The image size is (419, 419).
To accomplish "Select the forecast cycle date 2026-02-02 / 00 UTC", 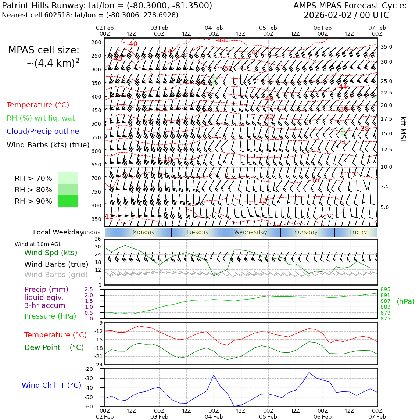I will point(346,15).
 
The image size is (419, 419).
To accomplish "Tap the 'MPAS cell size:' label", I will point(44,50).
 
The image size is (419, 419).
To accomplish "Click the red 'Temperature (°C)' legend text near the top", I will point(38,105).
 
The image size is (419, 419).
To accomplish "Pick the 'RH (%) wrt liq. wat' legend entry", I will point(41,118).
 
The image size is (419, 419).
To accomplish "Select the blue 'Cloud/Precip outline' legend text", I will point(43,132).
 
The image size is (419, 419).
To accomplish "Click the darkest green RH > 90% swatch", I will point(68,201).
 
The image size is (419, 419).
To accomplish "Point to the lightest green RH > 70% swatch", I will point(68,178).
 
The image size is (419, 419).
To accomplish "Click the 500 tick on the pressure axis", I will point(96,124).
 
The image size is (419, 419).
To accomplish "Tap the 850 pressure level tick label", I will point(96,219).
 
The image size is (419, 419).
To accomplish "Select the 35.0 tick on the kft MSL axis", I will point(386,47).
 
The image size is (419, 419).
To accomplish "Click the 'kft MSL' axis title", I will point(403,130).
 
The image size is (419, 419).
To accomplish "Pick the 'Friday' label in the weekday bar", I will point(358,232).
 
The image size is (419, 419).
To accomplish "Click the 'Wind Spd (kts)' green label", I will point(51,253).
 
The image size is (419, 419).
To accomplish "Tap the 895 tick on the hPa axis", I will point(386,290).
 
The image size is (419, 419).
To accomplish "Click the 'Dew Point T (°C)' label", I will point(54,348).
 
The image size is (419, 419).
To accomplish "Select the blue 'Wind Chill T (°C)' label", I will point(51,386).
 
